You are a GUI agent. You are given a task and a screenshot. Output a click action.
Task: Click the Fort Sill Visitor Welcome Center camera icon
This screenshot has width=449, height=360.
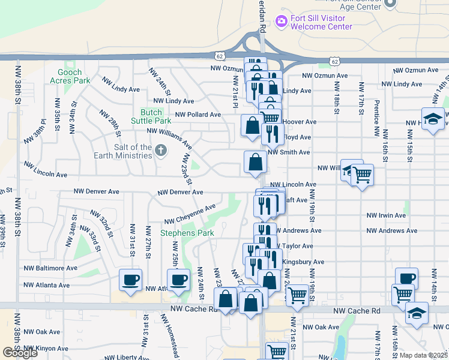click(281, 22)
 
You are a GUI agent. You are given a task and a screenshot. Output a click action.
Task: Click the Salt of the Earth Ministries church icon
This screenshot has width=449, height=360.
click(160, 151)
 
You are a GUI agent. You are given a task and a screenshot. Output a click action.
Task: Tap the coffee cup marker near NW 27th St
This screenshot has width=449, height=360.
click(130, 279)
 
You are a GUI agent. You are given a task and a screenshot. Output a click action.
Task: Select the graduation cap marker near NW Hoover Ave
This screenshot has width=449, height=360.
click(432, 118)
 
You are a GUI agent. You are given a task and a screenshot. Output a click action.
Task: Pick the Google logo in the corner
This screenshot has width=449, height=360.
click(19, 353)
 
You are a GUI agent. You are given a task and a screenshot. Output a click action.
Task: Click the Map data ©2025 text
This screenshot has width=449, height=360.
click(423, 355)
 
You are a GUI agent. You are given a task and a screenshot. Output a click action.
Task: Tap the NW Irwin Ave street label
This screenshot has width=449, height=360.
click(387, 215)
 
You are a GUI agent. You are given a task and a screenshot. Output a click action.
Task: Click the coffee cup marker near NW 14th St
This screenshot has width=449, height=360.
click(406, 278)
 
